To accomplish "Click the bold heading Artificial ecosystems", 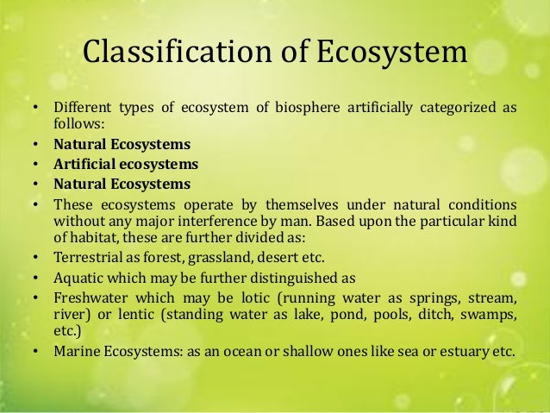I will coord(126,163).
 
